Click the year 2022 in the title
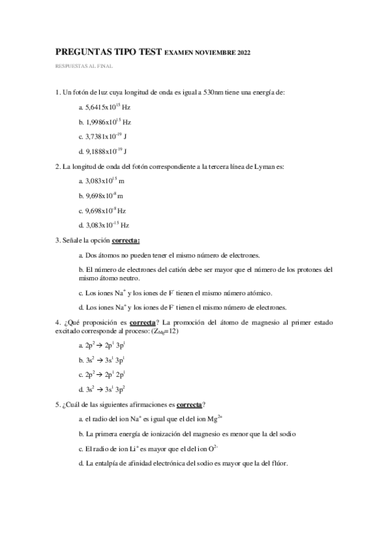(242, 52)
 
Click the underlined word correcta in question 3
(126, 240)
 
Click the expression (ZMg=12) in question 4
(164, 331)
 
